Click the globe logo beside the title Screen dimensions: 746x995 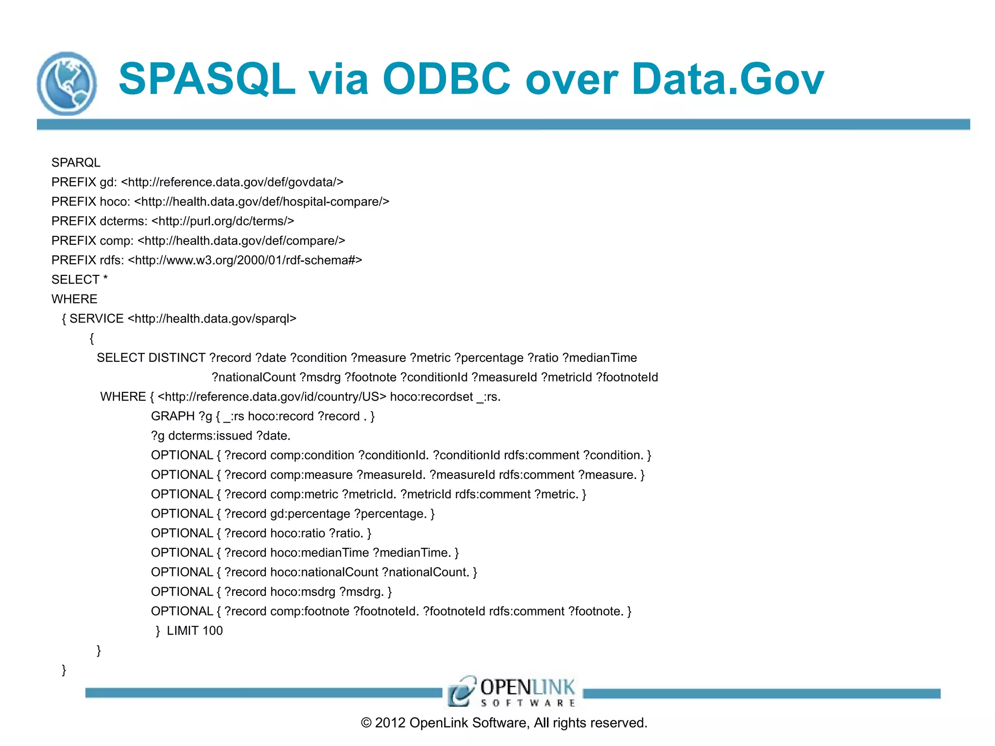click(x=67, y=84)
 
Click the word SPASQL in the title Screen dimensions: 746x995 click(x=207, y=79)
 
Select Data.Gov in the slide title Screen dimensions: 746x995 click(x=727, y=79)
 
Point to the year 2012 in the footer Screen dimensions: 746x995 click(x=390, y=723)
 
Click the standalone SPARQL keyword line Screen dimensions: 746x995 click(x=76, y=162)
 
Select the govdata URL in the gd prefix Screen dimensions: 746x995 click(x=232, y=182)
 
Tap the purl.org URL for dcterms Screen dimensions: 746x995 click(x=223, y=221)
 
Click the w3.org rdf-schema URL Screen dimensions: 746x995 click(x=245, y=260)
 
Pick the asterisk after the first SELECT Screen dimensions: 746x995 click(x=105, y=279)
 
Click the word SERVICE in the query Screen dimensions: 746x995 click(x=96, y=319)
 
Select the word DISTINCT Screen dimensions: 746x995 click(x=177, y=358)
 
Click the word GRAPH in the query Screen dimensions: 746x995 click(x=173, y=416)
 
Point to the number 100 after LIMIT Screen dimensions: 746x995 click(x=212, y=630)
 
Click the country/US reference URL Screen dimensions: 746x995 click(x=272, y=397)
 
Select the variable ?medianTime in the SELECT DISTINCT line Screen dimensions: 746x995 click(x=600, y=358)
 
